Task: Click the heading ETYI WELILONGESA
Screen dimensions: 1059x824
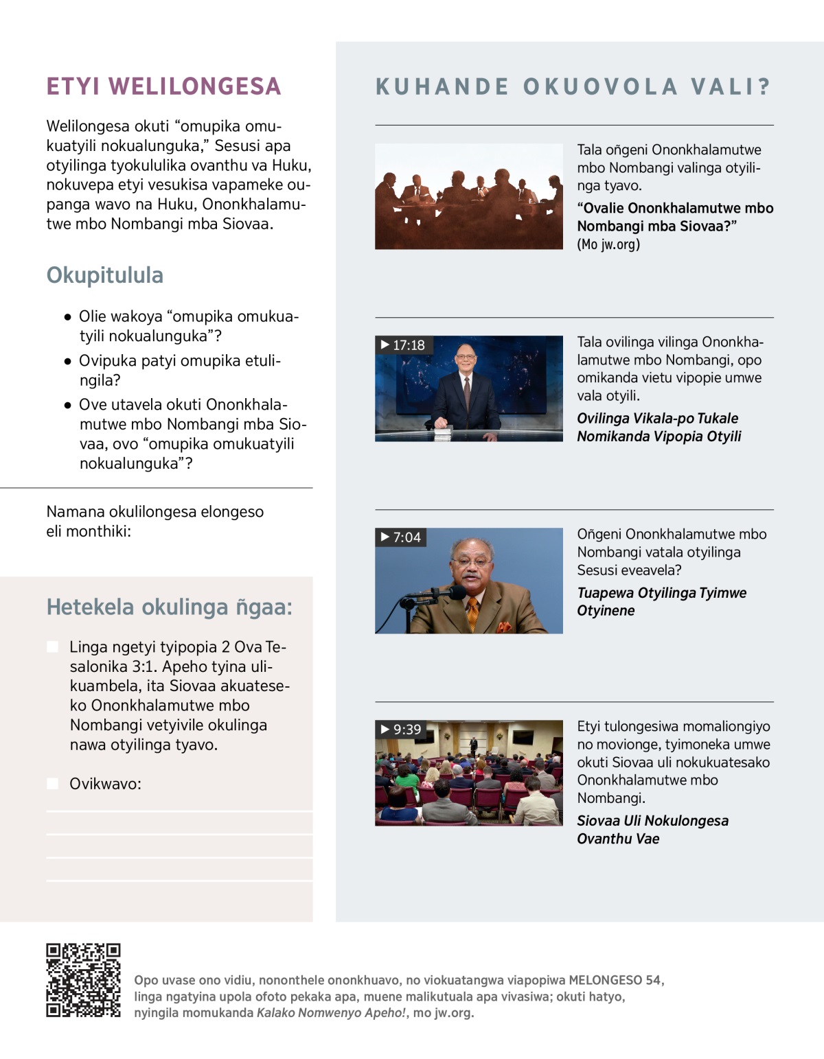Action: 163,86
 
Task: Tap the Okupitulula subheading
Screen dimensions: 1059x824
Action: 105,275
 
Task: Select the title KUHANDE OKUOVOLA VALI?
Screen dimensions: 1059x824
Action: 573,87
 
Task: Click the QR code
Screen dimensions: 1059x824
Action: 83,980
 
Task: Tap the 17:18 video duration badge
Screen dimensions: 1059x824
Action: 403,345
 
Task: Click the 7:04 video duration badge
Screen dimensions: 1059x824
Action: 401,537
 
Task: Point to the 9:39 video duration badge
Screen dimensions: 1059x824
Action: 402,730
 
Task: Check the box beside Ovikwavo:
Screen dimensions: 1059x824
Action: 52,784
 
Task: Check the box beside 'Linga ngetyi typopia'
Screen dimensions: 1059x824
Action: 52,647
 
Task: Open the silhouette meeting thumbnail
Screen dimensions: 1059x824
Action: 469,196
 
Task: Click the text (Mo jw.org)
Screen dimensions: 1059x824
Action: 608,244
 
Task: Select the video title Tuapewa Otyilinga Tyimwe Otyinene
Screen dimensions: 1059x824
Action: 661,602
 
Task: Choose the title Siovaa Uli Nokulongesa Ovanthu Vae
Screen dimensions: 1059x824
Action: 652,830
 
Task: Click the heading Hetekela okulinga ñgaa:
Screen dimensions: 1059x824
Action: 169,607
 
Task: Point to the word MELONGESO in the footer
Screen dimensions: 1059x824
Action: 605,980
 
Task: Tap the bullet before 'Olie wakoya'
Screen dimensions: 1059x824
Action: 67,317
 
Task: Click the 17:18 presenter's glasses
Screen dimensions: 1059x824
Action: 466,357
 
